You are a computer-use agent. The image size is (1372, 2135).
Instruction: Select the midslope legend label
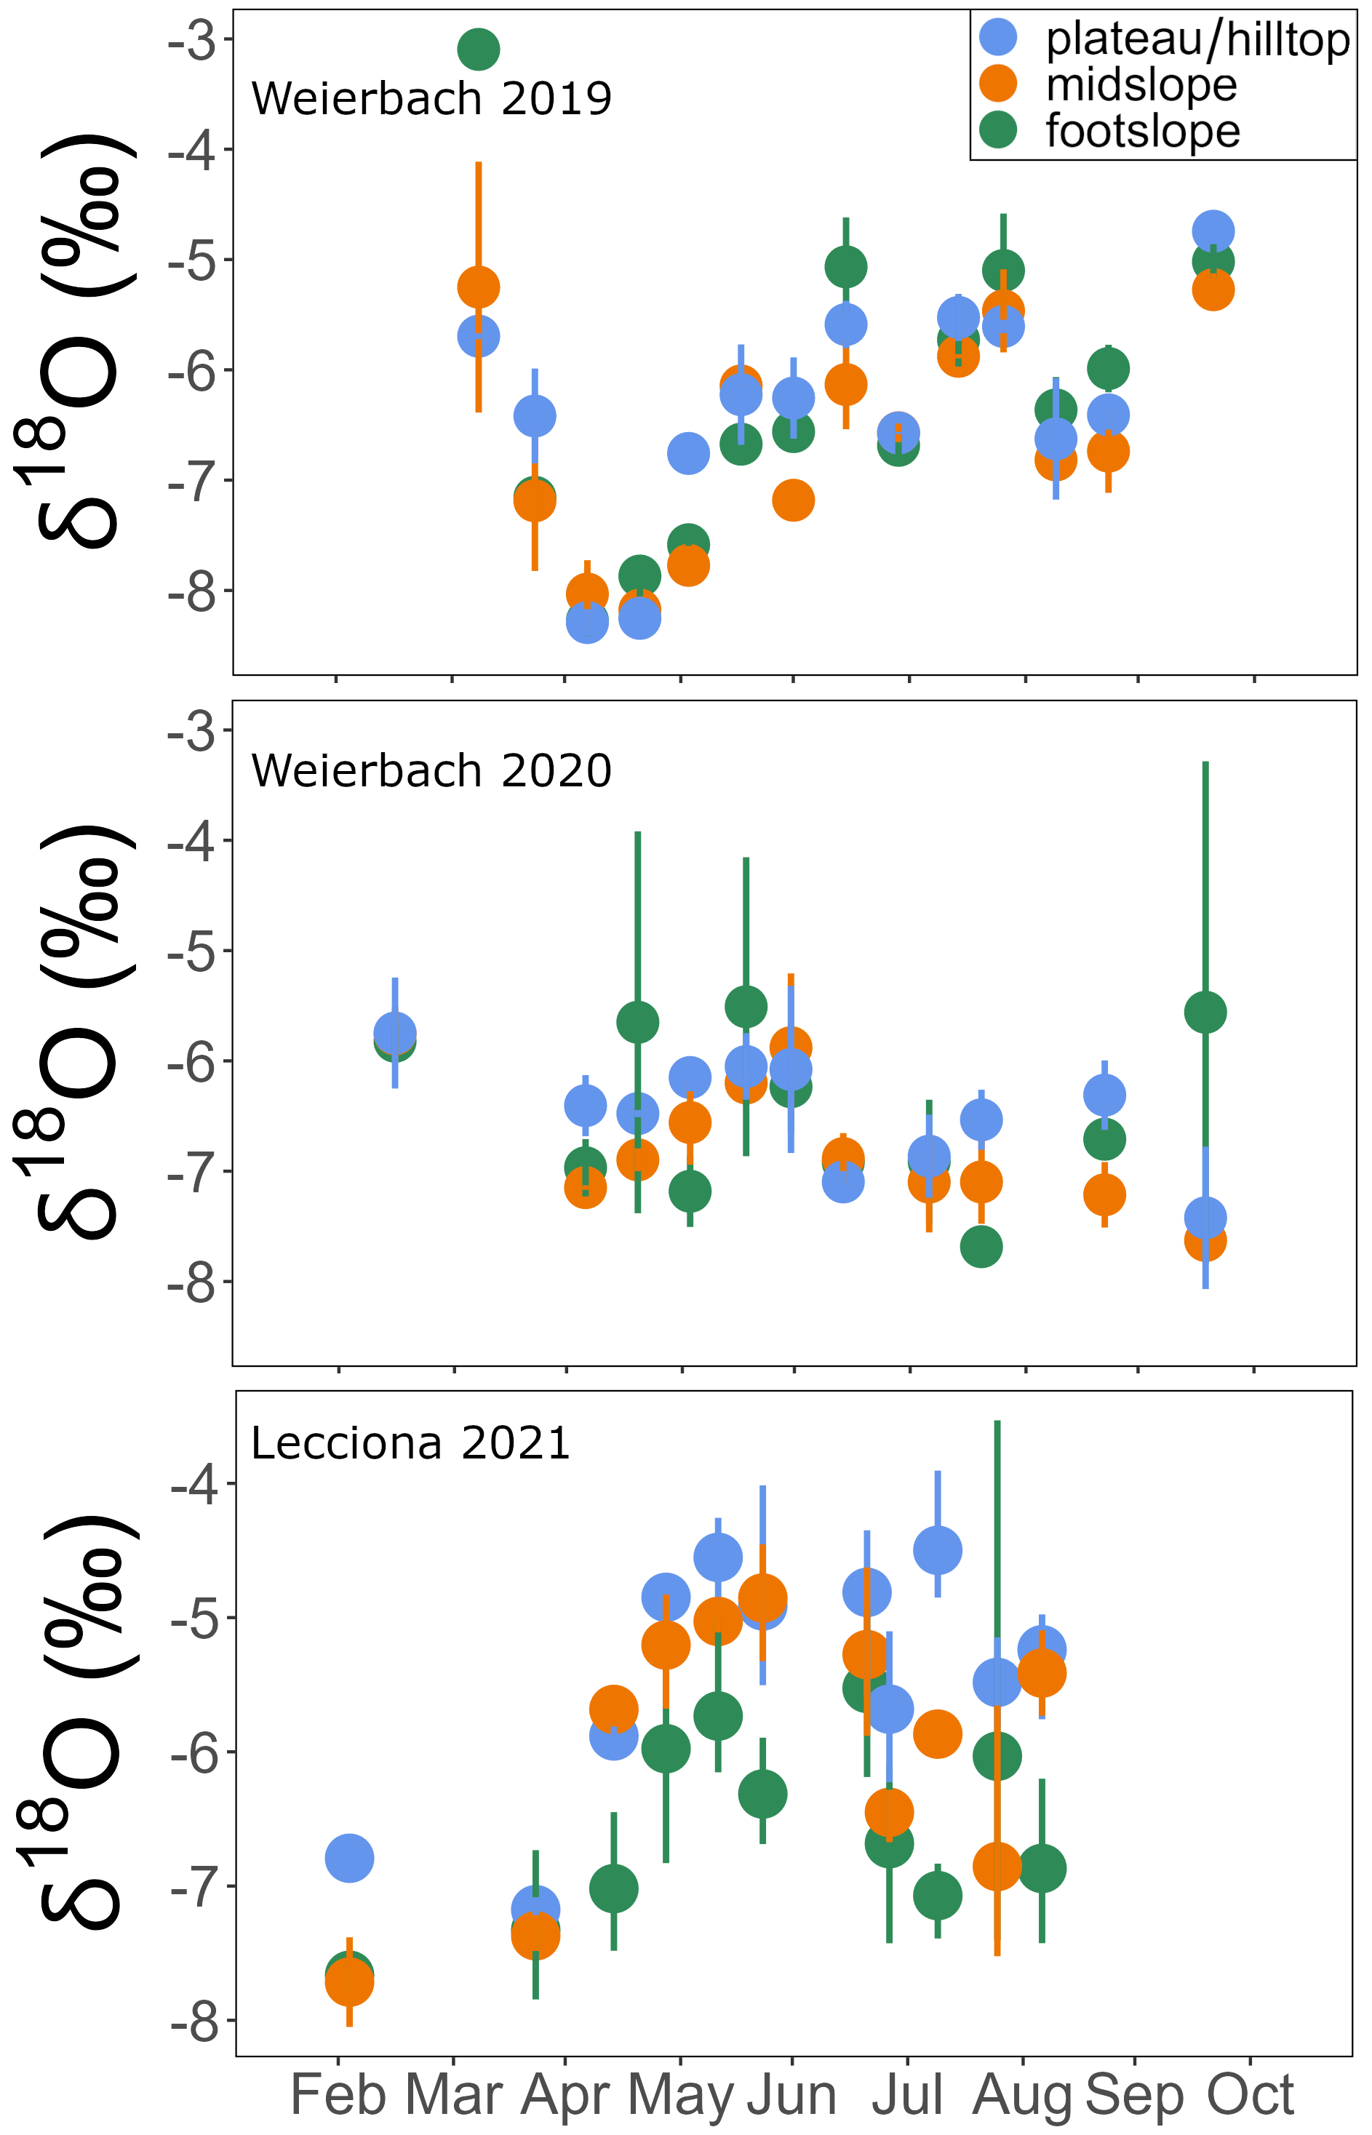(x=1141, y=86)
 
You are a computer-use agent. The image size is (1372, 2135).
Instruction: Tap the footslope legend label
(x=1142, y=132)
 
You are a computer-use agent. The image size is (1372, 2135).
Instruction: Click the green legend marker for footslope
(x=998, y=130)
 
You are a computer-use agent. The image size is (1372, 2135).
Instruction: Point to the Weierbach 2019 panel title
(x=431, y=98)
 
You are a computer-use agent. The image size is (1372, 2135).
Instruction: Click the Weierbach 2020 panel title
(x=431, y=770)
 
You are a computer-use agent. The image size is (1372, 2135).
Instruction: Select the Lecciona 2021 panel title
(x=410, y=1443)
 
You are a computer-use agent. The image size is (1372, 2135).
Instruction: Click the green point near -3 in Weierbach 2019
(x=479, y=49)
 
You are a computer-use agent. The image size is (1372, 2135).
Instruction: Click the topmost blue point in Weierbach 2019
(x=1213, y=231)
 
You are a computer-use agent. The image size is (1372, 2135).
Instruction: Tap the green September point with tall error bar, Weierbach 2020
(x=1205, y=1012)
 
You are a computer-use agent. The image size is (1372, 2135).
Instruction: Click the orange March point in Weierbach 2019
(x=479, y=287)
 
